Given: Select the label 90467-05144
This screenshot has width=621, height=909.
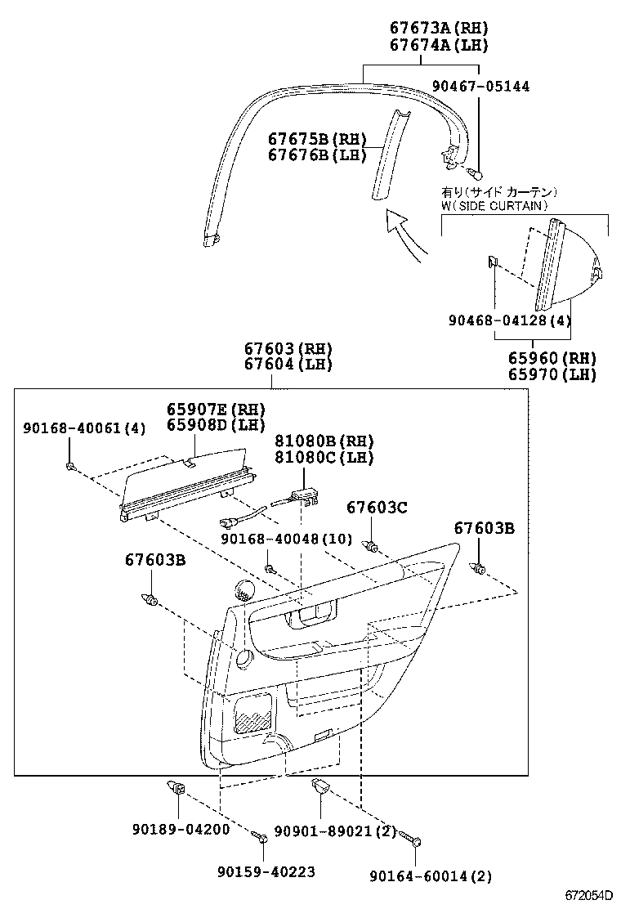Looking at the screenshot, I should (x=480, y=87).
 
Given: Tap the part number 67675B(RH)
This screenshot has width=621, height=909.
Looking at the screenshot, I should (x=317, y=139).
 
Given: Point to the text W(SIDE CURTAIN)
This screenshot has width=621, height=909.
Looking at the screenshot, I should (x=494, y=206).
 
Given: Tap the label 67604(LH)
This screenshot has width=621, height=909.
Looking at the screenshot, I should (x=288, y=365).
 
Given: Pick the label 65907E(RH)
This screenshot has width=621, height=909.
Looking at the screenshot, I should (x=217, y=409).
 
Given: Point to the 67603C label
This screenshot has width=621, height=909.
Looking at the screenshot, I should (x=376, y=508).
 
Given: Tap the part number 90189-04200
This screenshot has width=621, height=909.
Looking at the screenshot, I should (x=180, y=829).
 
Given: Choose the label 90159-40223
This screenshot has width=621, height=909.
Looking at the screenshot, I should (x=266, y=872).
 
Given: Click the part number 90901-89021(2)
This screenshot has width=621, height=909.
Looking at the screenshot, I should (x=335, y=831).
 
